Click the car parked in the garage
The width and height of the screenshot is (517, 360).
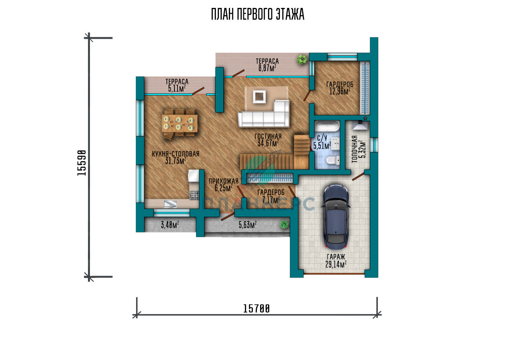click(x=336, y=217)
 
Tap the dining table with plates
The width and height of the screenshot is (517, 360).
click(x=179, y=123)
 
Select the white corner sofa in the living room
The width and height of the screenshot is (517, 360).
click(x=264, y=113)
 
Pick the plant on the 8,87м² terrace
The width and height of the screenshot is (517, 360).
click(x=302, y=59)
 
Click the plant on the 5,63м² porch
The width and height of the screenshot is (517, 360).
click(x=284, y=224)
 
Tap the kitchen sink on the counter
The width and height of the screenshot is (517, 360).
click(x=170, y=204)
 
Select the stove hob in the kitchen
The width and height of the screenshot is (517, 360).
click(x=194, y=196)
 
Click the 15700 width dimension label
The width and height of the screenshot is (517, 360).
click(x=256, y=309)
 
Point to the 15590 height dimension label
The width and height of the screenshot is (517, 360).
click(x=81, y=163)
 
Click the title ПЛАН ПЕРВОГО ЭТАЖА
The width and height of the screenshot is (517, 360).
click(x=258, y=14)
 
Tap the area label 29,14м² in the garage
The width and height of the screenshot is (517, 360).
click(x=336, y=264)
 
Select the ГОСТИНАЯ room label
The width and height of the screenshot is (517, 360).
click(x=268, y=136)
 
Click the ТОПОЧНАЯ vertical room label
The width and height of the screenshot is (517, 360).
click(x=355, y=149)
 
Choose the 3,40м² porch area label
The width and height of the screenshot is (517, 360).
click(x=170, y=224)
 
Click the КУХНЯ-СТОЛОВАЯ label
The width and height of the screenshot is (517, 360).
click(x=175, y=154)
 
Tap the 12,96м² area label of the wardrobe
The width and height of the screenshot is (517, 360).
click(x=340, y=91)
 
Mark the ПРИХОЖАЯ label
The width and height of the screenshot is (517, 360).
click(x=223, y=181)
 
